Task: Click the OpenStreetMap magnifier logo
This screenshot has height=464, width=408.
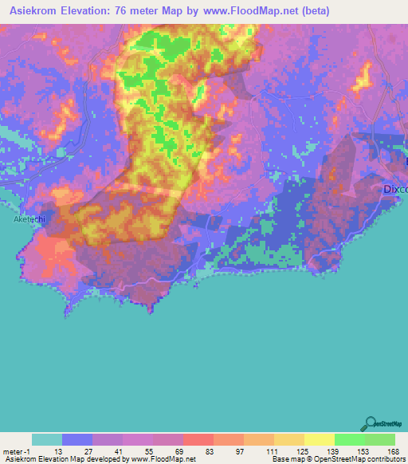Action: point(370,423)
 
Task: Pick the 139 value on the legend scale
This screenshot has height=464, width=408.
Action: point(334,450)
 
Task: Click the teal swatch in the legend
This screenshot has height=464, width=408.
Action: point(47,439)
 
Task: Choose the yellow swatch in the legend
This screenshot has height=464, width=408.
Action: point(319,439)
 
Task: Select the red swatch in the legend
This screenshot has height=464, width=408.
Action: point(198,439)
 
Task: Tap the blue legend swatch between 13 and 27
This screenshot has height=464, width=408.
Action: point(77,439)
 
